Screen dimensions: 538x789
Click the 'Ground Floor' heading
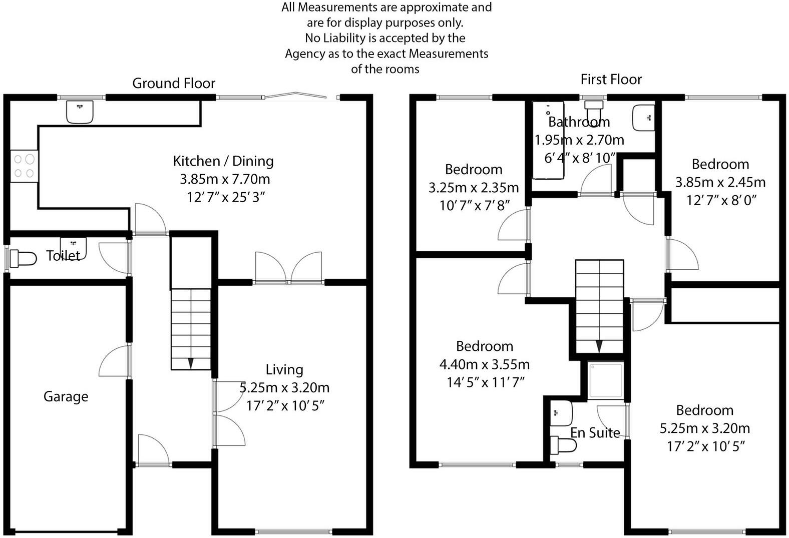click(174, 83)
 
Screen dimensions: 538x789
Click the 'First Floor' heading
click(611, 79)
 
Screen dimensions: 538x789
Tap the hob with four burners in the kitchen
click(24, 166)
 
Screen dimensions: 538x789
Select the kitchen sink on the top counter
click(80, 112)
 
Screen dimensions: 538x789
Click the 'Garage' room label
click(66, 396)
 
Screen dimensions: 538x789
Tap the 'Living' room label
click(284, 369)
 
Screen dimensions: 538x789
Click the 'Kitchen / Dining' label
click(223, 161)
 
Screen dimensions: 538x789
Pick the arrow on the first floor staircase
click(599, 346)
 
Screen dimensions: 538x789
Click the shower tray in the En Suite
click(605, 380)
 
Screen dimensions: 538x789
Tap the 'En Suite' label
click(595, 432)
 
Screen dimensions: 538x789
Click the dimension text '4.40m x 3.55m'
click(484, 364)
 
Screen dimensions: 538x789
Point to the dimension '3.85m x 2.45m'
click(720, 182)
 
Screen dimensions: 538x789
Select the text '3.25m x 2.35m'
click(473, 188)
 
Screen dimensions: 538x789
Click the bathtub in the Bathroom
click(547, 140)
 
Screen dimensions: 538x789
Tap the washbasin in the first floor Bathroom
click(643, 118)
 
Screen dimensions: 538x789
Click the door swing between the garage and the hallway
click(115, 360)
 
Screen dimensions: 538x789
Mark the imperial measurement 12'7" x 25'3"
click(225, 197)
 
